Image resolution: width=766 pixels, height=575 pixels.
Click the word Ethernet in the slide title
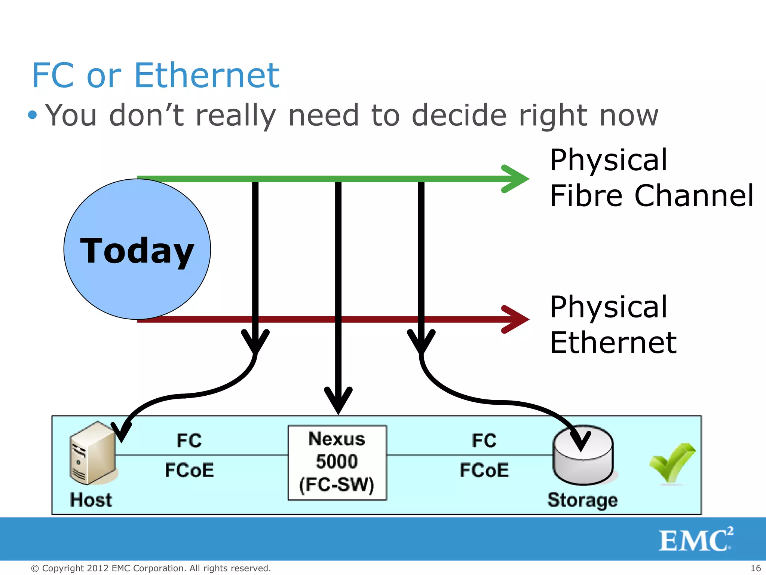(x=206, y=76)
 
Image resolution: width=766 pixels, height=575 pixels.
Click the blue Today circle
(x=137, y=249)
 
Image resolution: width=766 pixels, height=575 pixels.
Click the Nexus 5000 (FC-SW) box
(x=337, y=463)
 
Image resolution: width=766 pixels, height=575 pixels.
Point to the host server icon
(x=93, y=453)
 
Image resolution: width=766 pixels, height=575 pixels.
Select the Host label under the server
(x=91, y=500)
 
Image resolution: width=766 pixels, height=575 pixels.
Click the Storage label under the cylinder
(x=582, y=501)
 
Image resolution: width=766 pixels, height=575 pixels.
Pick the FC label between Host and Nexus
(x=189, y=441)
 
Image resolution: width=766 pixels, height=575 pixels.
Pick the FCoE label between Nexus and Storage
(x=484, y=470)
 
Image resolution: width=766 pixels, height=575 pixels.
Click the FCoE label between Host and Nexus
(x=189, y=470)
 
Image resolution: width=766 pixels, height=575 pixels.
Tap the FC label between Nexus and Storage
(x=484, y=441)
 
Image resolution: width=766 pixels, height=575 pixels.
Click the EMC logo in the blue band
(x=695, y=540)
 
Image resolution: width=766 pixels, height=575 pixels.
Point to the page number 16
(x=756, y=568)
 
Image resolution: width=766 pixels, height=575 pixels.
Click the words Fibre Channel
(x=652, y=196)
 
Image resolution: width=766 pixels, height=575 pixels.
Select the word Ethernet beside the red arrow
(x=613, y=343)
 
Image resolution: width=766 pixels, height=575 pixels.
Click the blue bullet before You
(x=33, y=115)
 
